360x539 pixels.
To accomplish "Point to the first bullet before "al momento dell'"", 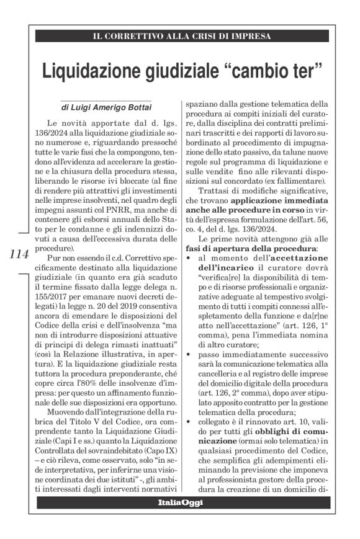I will pos(184,256).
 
